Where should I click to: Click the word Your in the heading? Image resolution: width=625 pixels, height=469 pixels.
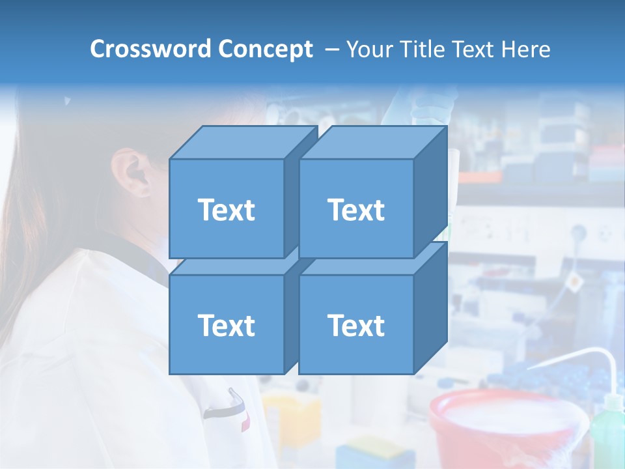tap(368, 49)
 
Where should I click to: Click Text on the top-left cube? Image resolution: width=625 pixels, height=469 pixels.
tap(226, 210)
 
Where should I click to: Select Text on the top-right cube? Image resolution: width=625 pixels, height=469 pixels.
tap(355, 210)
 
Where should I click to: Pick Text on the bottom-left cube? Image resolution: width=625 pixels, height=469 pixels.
tap(226, 325)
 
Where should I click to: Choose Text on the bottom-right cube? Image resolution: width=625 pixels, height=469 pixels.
tap(355, 325)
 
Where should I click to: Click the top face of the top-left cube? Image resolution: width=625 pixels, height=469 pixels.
tap(242, 143)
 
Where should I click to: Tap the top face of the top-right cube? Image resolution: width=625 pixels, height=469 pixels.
tap(372, 143)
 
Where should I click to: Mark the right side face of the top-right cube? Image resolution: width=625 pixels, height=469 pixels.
tap(430, 192)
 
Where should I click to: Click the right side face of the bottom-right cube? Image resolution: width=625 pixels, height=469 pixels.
tap(430, 307)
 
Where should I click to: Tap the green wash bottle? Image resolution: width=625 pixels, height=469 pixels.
tap(607, 430)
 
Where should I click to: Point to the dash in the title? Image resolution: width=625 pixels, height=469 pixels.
tap(331, 50)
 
